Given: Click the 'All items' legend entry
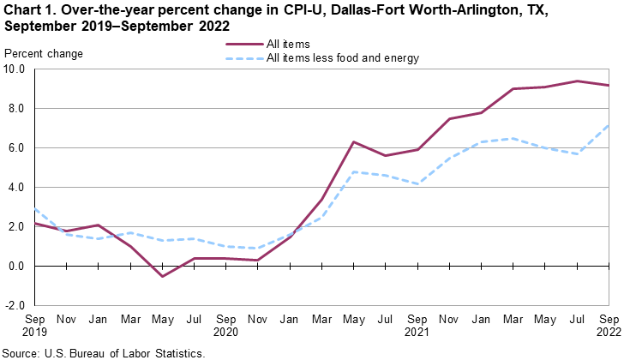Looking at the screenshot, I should point(288,43).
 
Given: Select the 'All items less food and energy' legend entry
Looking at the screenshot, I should point(343,58).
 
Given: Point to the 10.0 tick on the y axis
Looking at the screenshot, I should point(17,69).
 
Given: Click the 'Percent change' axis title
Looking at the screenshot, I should point(44,54).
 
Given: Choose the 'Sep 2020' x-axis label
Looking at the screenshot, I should point(225,324).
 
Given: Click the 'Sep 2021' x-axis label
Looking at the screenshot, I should point(417,324).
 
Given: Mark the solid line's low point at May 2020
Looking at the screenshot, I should point(163,276).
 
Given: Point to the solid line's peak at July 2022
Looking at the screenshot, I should point(578,81).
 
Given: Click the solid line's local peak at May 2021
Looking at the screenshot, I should point(352,142).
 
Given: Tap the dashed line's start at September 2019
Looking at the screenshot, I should point(34,209).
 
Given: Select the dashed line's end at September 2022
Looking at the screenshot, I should point(609,125).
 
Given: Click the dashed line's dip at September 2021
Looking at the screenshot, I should point(417,184).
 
